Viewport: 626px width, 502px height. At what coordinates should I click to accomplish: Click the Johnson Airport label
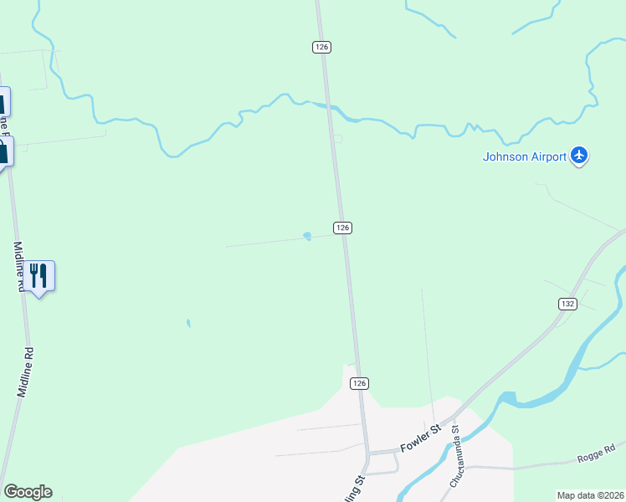(525, 156)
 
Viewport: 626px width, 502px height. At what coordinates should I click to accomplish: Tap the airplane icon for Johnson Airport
(579, 156)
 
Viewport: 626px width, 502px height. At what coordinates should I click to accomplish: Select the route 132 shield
(567, 305)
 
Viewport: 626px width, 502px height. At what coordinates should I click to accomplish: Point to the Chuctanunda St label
(457, 457)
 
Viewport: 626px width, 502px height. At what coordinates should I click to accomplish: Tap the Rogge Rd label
(596, 453)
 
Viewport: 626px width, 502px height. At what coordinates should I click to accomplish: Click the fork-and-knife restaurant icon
(38, 275)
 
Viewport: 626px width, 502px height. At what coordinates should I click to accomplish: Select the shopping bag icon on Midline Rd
(3, 152)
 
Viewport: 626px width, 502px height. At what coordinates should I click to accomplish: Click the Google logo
(28, 492)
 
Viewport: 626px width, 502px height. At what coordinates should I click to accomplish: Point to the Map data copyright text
(591, 495)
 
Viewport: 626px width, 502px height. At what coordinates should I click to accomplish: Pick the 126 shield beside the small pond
(342, 228)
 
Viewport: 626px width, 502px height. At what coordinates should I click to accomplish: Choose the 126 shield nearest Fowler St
(358, 382)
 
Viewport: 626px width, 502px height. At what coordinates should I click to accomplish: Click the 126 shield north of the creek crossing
(322, 47)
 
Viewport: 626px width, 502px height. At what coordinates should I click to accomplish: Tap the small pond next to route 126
(307, 236)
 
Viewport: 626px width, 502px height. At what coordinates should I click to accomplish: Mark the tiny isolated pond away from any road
(188, 322)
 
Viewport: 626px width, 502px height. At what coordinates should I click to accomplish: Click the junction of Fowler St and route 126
(368, 453)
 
